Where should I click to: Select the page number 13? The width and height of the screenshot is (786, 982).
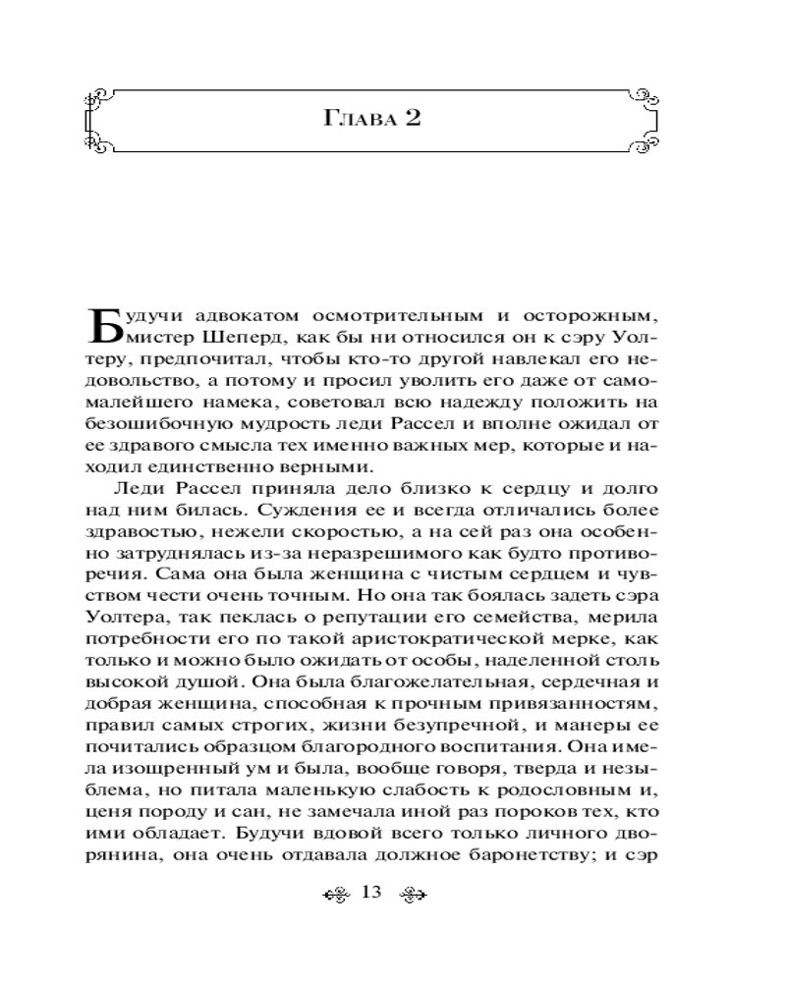click(370, 893)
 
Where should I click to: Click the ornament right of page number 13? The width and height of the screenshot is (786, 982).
click(408, 894)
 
